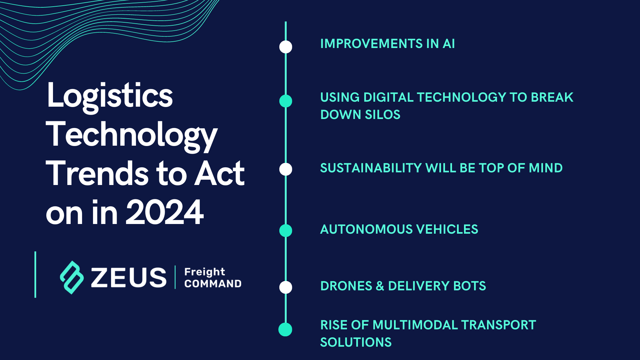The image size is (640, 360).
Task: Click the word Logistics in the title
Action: coord(110,96)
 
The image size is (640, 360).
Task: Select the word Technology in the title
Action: coord(131,135)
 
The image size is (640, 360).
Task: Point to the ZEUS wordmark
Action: coord(129,277)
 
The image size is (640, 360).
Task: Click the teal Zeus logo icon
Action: coord(72,277)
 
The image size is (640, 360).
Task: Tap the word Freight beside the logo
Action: coord(205,272)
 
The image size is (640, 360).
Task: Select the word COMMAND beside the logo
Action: coord(213,284)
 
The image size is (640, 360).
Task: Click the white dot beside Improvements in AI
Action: coord(286,47)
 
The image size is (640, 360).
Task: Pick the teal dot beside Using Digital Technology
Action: coord(286,101)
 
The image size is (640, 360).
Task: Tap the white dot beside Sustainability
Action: coord(286,169)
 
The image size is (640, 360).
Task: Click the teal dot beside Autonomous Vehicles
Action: coord(286,230)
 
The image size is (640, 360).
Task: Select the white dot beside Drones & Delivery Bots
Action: coord(286,287)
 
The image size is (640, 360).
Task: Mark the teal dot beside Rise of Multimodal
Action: coord(285,329)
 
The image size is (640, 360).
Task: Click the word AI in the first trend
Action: coord(449,44)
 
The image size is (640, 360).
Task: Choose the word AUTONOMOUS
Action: coord(366,229)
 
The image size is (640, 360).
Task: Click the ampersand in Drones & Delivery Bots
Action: coord(380,286)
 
